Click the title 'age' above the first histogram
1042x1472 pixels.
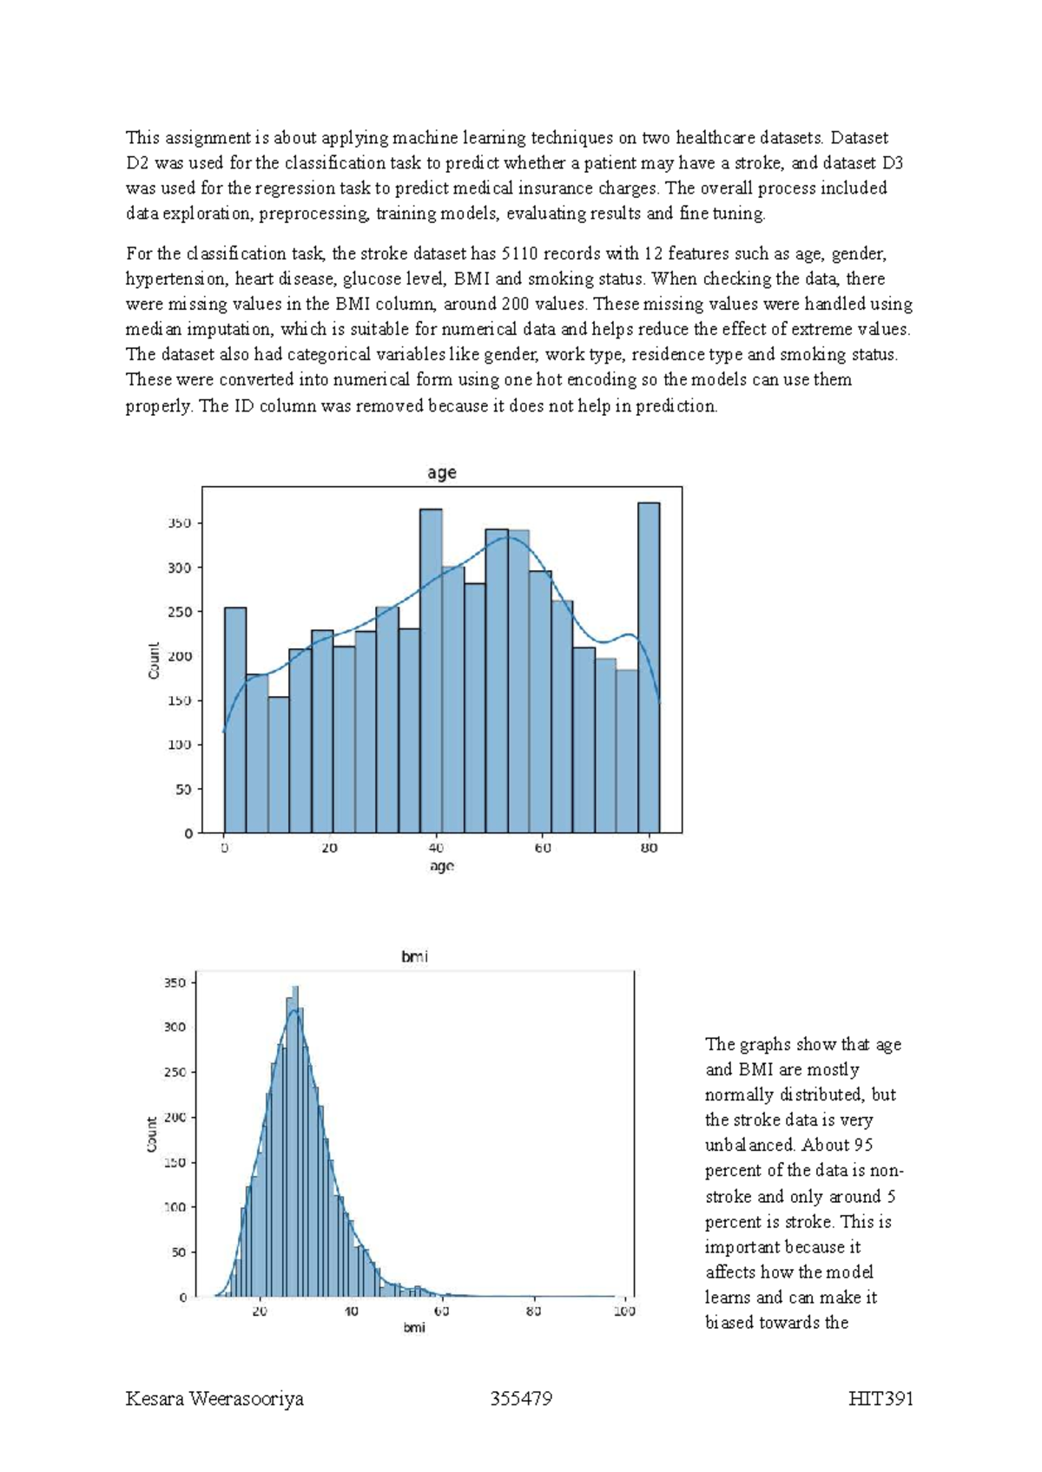coord(441,473)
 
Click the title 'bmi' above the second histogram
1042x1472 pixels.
coord(414,956)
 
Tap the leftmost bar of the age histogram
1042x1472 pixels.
coord(235,720)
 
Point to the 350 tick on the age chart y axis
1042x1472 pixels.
coord(179,523)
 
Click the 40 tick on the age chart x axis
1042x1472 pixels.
coord(436,848)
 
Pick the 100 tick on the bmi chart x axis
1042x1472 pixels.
coord(623,1311)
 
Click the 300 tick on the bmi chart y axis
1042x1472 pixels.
coord(175,1027)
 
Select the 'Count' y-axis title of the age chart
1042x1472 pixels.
coord(154,660)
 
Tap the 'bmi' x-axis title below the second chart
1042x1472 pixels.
coord(414,1328)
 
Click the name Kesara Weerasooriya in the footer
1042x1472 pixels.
coord(214,1399)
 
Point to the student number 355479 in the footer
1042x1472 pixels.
coord(521,1399)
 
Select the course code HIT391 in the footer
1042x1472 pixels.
coord(881,1399)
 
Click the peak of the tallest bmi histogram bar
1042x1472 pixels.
coord(295,989)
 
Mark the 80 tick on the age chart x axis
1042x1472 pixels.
coord(649,848)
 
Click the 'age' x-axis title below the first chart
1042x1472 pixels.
coord(441,866)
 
